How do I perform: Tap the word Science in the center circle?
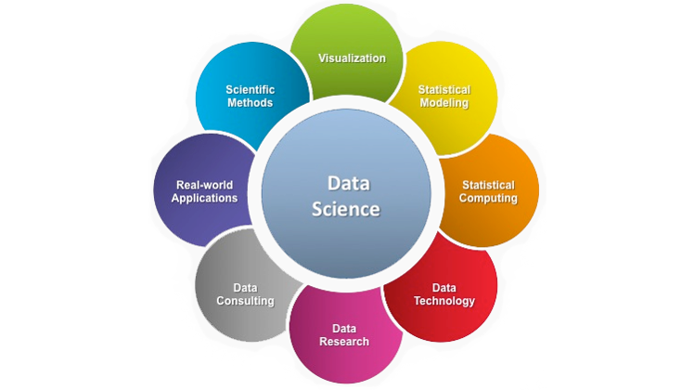click(345, 210)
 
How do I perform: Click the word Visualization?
click(352, 58)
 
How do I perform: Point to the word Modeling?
click(444, 103)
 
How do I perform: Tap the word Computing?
click(488, 199)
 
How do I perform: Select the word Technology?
click(444, 301)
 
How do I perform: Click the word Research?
click(344, 342)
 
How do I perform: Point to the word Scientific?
click(251, 90)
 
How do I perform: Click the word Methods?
click(251, 103)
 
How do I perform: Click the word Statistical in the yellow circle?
click(444, 90)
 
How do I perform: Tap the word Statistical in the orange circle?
click(488, 185)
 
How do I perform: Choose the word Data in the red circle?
click(444, 287)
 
